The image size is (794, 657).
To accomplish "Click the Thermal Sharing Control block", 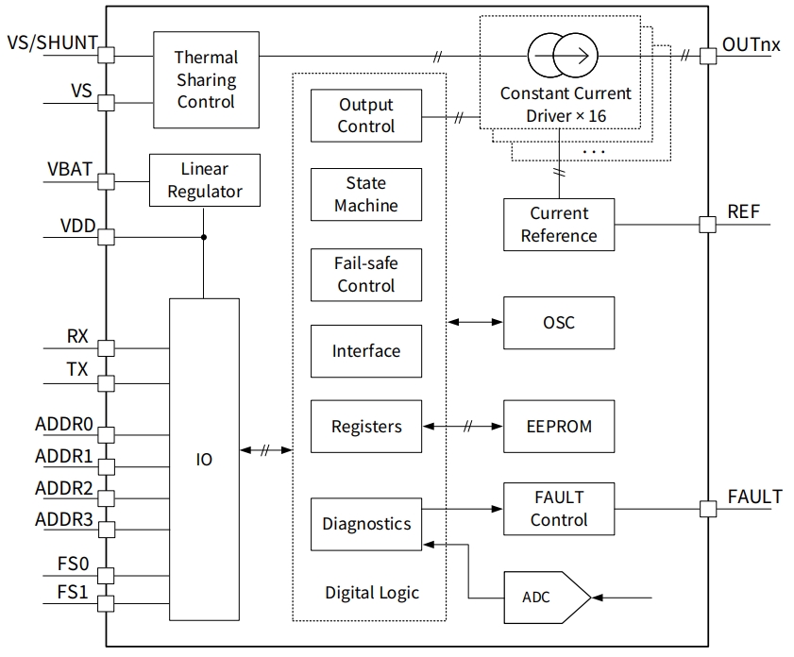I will click(206, 79).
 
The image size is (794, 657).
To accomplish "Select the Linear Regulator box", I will click(203, 181).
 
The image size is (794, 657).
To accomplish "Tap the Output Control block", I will click(366, 116).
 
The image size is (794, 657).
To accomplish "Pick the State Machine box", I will click(366, 194).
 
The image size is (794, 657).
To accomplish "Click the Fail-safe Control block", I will click(366, 274).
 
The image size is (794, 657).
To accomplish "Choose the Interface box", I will click(366, 351).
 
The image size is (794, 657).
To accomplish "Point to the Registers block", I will click(366, 427).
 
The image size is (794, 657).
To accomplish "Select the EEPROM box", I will click(559, 427).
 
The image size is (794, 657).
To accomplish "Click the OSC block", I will click(559, 323).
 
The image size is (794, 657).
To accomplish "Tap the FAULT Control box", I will click(559, 509).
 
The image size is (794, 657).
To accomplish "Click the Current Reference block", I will click(559, 225).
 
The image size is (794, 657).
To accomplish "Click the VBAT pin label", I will click(70, 170).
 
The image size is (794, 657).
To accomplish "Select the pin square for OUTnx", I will click(707, 56).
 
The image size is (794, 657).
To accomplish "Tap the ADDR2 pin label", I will click(64, 489).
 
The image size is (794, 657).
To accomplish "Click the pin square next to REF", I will click(707, 225).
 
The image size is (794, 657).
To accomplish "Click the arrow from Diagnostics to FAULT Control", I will click(463, 509).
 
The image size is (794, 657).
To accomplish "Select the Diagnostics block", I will click(366, 524).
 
